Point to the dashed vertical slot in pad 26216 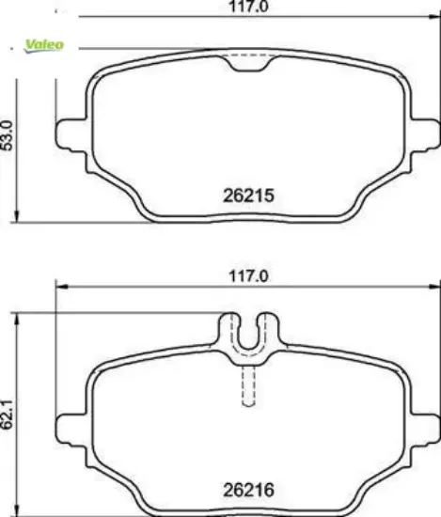click(247, 385)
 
